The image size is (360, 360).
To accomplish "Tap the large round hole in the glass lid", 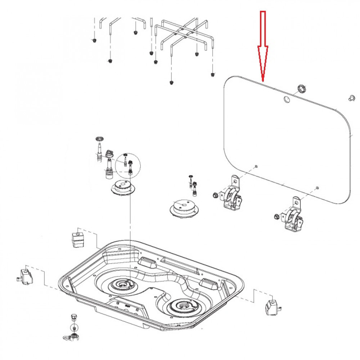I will coord(287,99).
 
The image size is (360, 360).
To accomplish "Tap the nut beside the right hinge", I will coord(275,216).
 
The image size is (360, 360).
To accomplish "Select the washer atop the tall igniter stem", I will coord(99,139).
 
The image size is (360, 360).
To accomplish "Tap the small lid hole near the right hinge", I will coord(317,188).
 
